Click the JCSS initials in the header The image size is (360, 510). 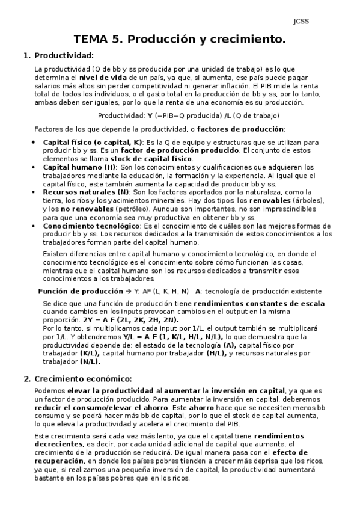coord(301,22)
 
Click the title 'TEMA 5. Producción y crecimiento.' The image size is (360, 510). coord(179,40)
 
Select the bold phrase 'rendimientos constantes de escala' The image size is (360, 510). coord(247,304)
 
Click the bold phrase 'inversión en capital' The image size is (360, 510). coord(241,391)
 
